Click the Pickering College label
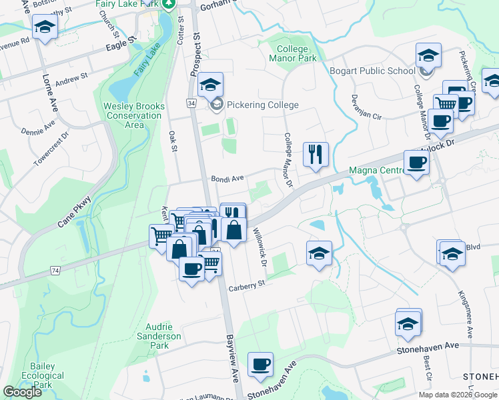(x=262, y=105)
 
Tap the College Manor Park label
(x=292, y=54)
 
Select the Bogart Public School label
(x=372, y=70)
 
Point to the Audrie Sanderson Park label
(x=163, y=336)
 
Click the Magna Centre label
(x=376, y=171)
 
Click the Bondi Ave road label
(x=227, y=179)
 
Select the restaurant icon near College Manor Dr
(x=315, y=155)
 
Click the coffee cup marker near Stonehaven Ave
(x=260, y=365)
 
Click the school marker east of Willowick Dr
(x=320, y=254)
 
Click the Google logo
(x=23, y=392)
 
